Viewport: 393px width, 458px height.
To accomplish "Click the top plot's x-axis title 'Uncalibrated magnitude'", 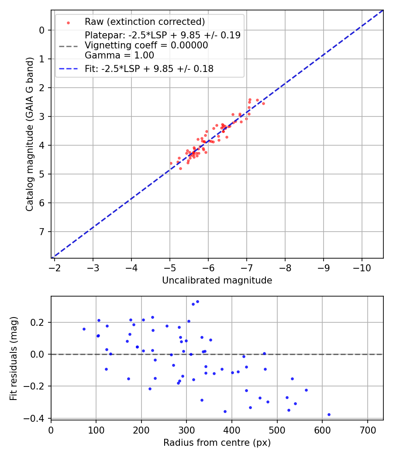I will point(217,280).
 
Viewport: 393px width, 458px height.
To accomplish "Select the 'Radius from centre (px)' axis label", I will point(217,443).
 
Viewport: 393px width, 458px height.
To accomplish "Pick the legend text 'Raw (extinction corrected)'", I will point(145,22).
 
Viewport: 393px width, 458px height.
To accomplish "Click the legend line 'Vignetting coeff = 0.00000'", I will point(146,45).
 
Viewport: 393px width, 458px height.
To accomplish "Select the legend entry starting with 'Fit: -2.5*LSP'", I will point(149,68).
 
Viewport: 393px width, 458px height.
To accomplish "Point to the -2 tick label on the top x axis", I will point(55,267).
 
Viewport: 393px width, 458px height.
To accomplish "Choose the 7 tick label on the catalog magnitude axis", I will point(42,232).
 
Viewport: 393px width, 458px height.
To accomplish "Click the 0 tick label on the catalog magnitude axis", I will point(42,30).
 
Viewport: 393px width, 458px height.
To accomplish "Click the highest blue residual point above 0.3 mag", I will point(197,301).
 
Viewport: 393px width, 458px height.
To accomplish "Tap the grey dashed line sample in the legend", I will point(68,46).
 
